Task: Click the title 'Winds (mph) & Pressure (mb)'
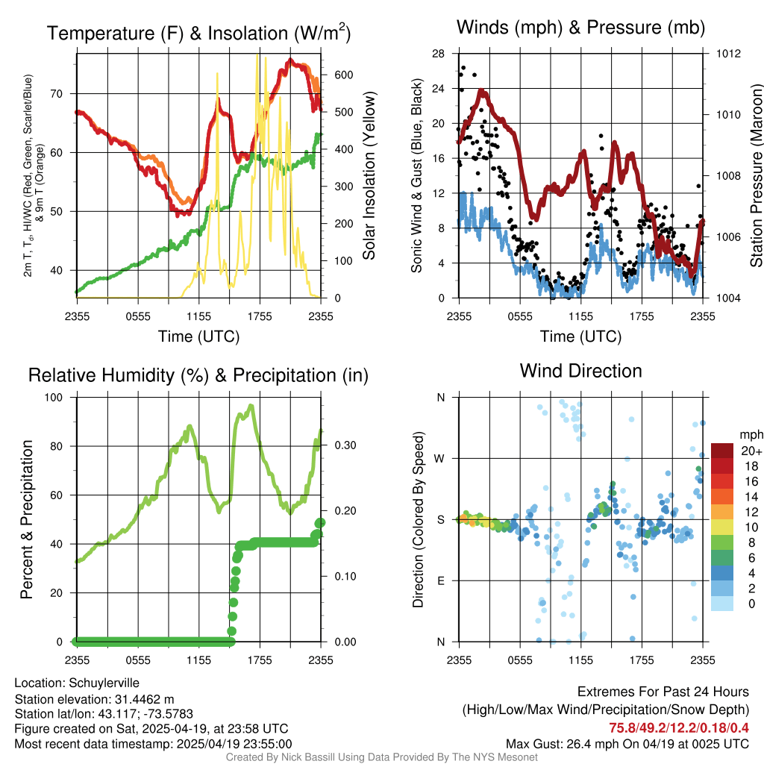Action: tap(580, 28)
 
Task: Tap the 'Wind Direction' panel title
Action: tap(580, 371)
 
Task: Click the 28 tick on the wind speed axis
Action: tap(439, 54)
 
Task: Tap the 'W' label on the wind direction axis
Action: tap(440, 458)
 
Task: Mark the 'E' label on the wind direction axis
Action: tap(440, 580)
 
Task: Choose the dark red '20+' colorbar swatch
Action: tap(722, 451)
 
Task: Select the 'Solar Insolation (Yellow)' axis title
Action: tap(369, 176)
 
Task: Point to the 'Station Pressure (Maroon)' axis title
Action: tap(756, 176)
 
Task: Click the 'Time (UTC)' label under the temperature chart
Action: tap(198, 336)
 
